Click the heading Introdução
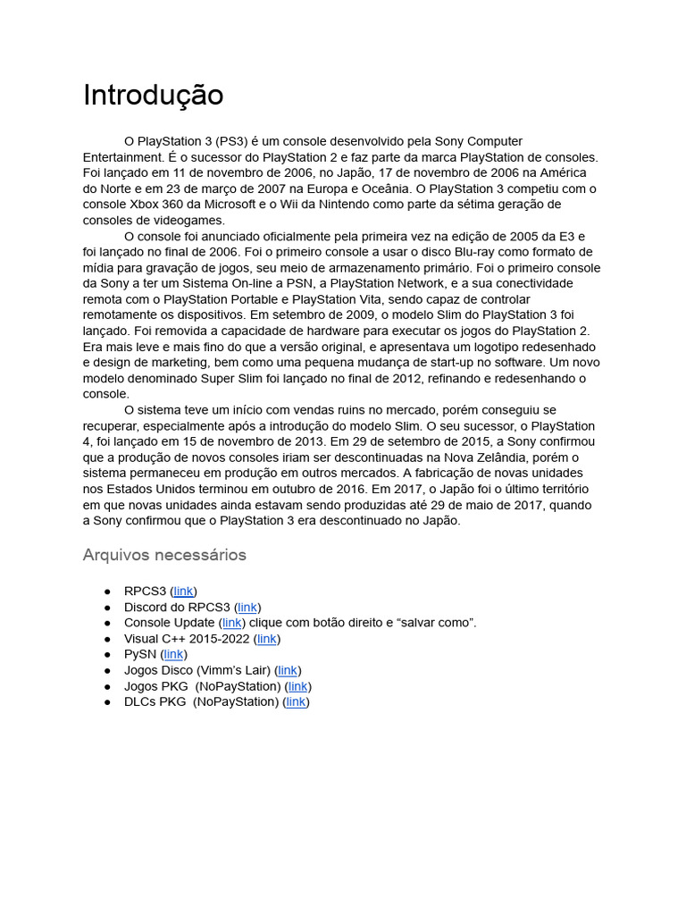pos(153,95)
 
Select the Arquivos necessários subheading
pos(164,555)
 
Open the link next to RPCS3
pos(183,592)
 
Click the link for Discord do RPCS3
pos(247,608)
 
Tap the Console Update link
pos(232,623)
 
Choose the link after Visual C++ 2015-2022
pos(266,639)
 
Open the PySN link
pos(173,655)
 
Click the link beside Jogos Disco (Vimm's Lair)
pos(288,670)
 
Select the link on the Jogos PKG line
pos(298,686)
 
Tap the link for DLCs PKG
pos(296,701)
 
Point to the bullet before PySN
pos(107,655)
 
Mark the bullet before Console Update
pos(107,623)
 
